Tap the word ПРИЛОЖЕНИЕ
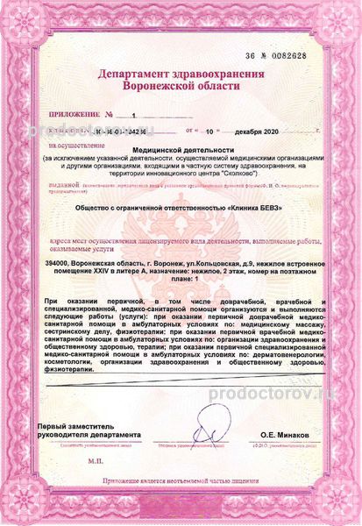pos(73,115)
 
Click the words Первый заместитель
pos(75,425)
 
